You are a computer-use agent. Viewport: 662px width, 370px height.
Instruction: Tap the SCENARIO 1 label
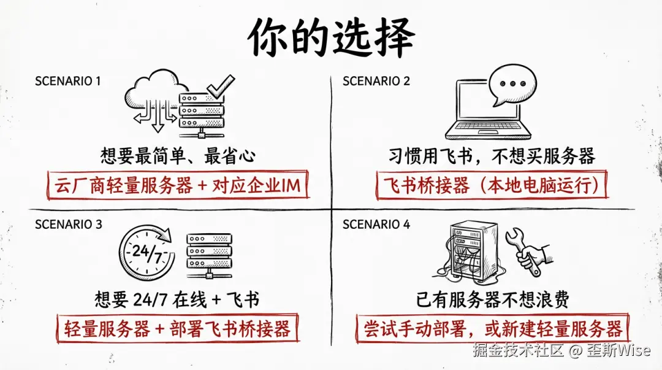point(67,81)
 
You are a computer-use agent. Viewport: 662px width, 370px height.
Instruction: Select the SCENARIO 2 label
point(376,81)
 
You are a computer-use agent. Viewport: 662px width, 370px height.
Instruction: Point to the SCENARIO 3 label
point(68,225)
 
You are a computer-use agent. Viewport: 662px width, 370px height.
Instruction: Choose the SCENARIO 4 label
point(376,225)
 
